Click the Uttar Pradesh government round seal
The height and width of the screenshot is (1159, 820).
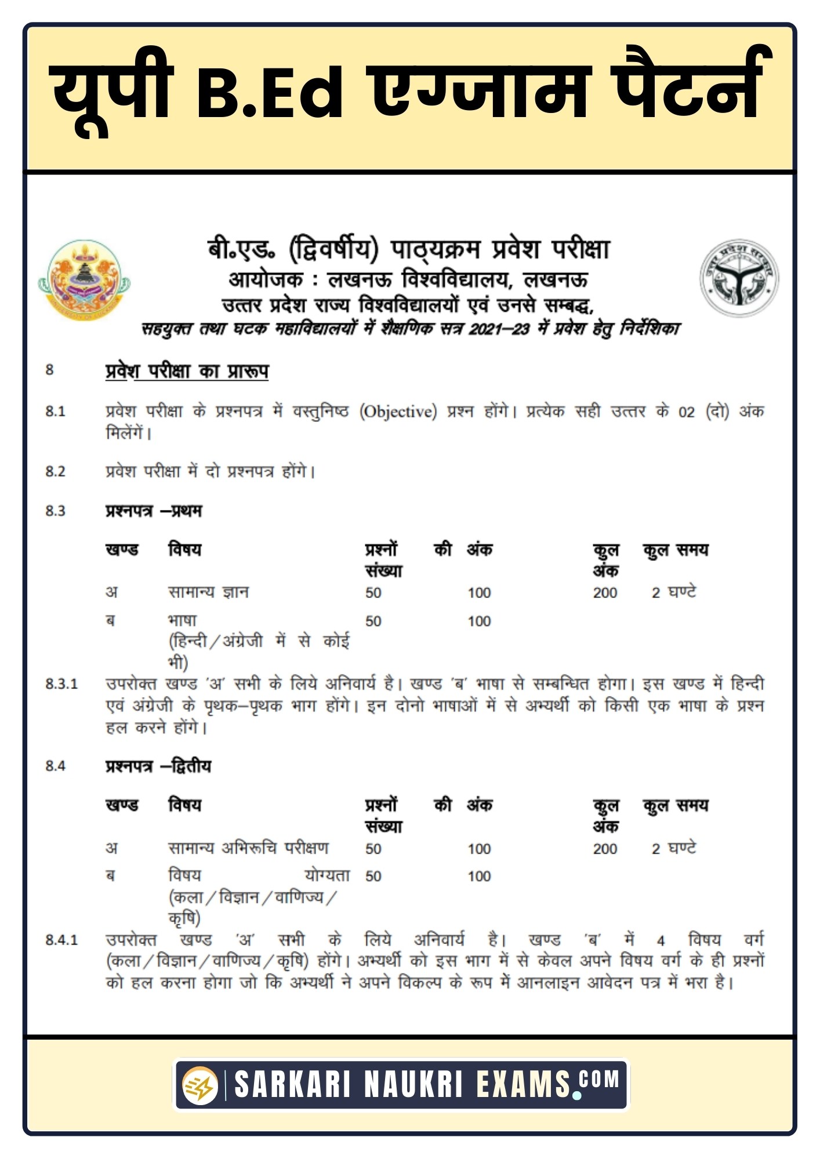click(x=739, y=278)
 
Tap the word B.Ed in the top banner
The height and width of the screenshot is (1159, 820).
click(x=270, y=92)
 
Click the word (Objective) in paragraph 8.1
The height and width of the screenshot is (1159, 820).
click(x=398, y=411)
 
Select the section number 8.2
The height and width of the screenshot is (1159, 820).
click(x=56, y=471)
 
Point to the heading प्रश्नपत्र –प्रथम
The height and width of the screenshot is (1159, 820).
click(x=154, y=511)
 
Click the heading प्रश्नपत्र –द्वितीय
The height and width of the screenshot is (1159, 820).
click(x=158, y=766)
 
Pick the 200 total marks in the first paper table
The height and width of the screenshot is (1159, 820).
click(x=605, y=593)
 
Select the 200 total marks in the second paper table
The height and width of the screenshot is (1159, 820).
click(x=605, y=849)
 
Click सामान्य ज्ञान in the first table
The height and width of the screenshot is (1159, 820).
click(x=208, y=592)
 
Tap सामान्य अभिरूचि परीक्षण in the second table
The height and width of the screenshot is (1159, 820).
click(x=248, y=848)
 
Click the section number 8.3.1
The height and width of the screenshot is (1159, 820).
click(x=61, y=684)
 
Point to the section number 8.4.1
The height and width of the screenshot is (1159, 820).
click(x=61, y=939)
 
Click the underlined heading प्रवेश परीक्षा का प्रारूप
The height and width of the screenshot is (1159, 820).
click(x=187, y=371)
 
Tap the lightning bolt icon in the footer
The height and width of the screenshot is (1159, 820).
click(x=200, y=1085)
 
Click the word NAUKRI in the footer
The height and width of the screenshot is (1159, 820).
click(x=413, y=1085)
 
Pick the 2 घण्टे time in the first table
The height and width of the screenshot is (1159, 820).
click(x=673, y=592)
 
